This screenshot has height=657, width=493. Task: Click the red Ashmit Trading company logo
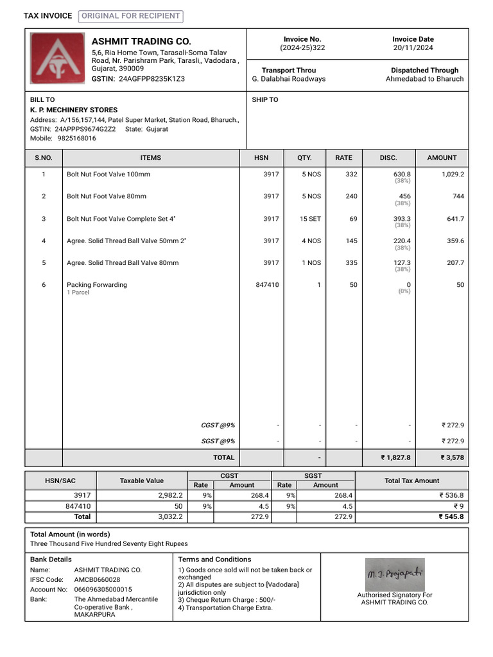[58, 59]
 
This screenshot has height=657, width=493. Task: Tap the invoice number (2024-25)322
[302, 48]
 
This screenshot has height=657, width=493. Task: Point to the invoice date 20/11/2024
[413, 48]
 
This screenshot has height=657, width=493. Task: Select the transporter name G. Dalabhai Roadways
[289, 79]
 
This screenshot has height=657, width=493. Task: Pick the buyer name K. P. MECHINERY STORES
[74, 110]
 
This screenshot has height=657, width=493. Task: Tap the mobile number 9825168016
[76, 138]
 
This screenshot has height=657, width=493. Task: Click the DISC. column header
[388, 158]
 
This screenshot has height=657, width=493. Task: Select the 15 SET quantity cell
[310, 219]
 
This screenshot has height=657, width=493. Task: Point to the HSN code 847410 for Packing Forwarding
[267, 285]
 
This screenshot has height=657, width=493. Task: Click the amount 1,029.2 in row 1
[453, 175]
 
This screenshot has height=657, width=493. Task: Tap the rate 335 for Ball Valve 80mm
[350, 263]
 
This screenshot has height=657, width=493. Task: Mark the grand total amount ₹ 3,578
[452, 457]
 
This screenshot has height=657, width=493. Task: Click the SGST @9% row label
[218, 441]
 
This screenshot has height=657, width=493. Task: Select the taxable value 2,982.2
[170, 495]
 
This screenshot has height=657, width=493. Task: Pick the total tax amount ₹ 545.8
[451, 516]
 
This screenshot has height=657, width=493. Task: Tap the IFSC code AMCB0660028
[97, 579]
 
